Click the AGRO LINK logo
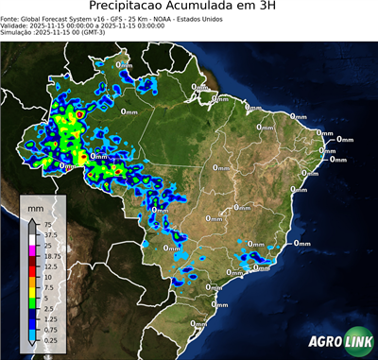340,342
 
